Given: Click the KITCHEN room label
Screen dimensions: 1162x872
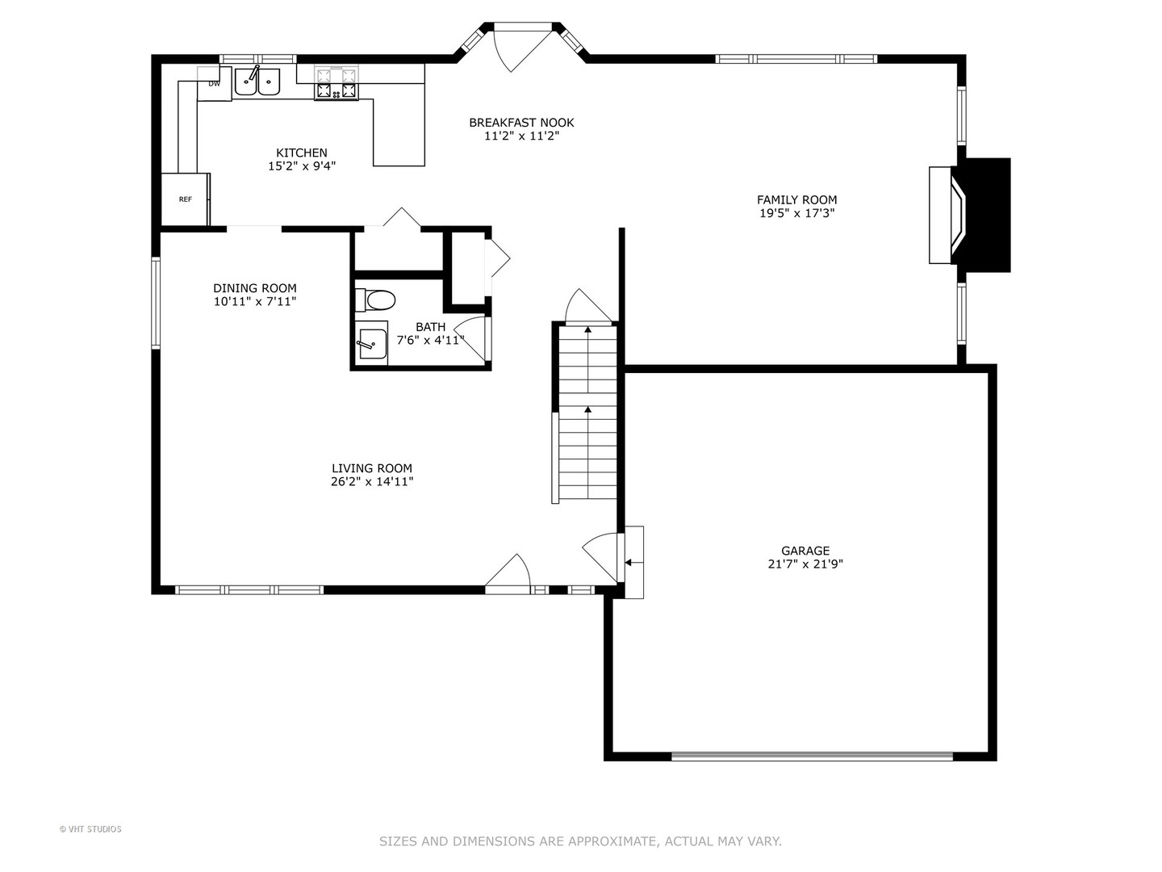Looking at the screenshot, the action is (x=301, y=153).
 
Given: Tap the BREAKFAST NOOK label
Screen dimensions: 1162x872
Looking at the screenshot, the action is (x=521, y=123).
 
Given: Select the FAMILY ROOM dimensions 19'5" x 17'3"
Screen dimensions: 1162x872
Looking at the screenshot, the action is (x=796, y=213).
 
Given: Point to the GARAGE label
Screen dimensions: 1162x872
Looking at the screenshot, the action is (x=805, y=551).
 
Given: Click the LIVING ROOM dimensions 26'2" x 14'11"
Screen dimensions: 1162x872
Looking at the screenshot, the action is (x=372, y=482).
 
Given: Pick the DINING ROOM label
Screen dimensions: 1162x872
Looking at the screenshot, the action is (x=255, y=288).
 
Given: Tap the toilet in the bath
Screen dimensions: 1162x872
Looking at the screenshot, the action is (x=375, y=300).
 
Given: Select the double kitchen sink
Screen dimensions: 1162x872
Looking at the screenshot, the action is (x=257, y=82).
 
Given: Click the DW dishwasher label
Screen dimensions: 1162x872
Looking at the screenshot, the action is (x=214, y=84).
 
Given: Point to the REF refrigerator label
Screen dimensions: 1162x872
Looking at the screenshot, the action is (x=186, y=199).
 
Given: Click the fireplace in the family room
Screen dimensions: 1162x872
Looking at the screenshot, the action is (x=969, y=215).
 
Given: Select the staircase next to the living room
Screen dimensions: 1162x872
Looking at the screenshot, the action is (x=587, y=413).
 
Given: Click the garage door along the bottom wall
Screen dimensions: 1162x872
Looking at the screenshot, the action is (x=812, y=756).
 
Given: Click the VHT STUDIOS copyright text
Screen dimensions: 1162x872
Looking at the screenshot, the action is (x=90, y=829).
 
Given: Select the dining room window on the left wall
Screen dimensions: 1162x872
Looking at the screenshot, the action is (x=156, y=302).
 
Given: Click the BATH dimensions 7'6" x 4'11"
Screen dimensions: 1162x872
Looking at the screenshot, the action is (x=430, y=340).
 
